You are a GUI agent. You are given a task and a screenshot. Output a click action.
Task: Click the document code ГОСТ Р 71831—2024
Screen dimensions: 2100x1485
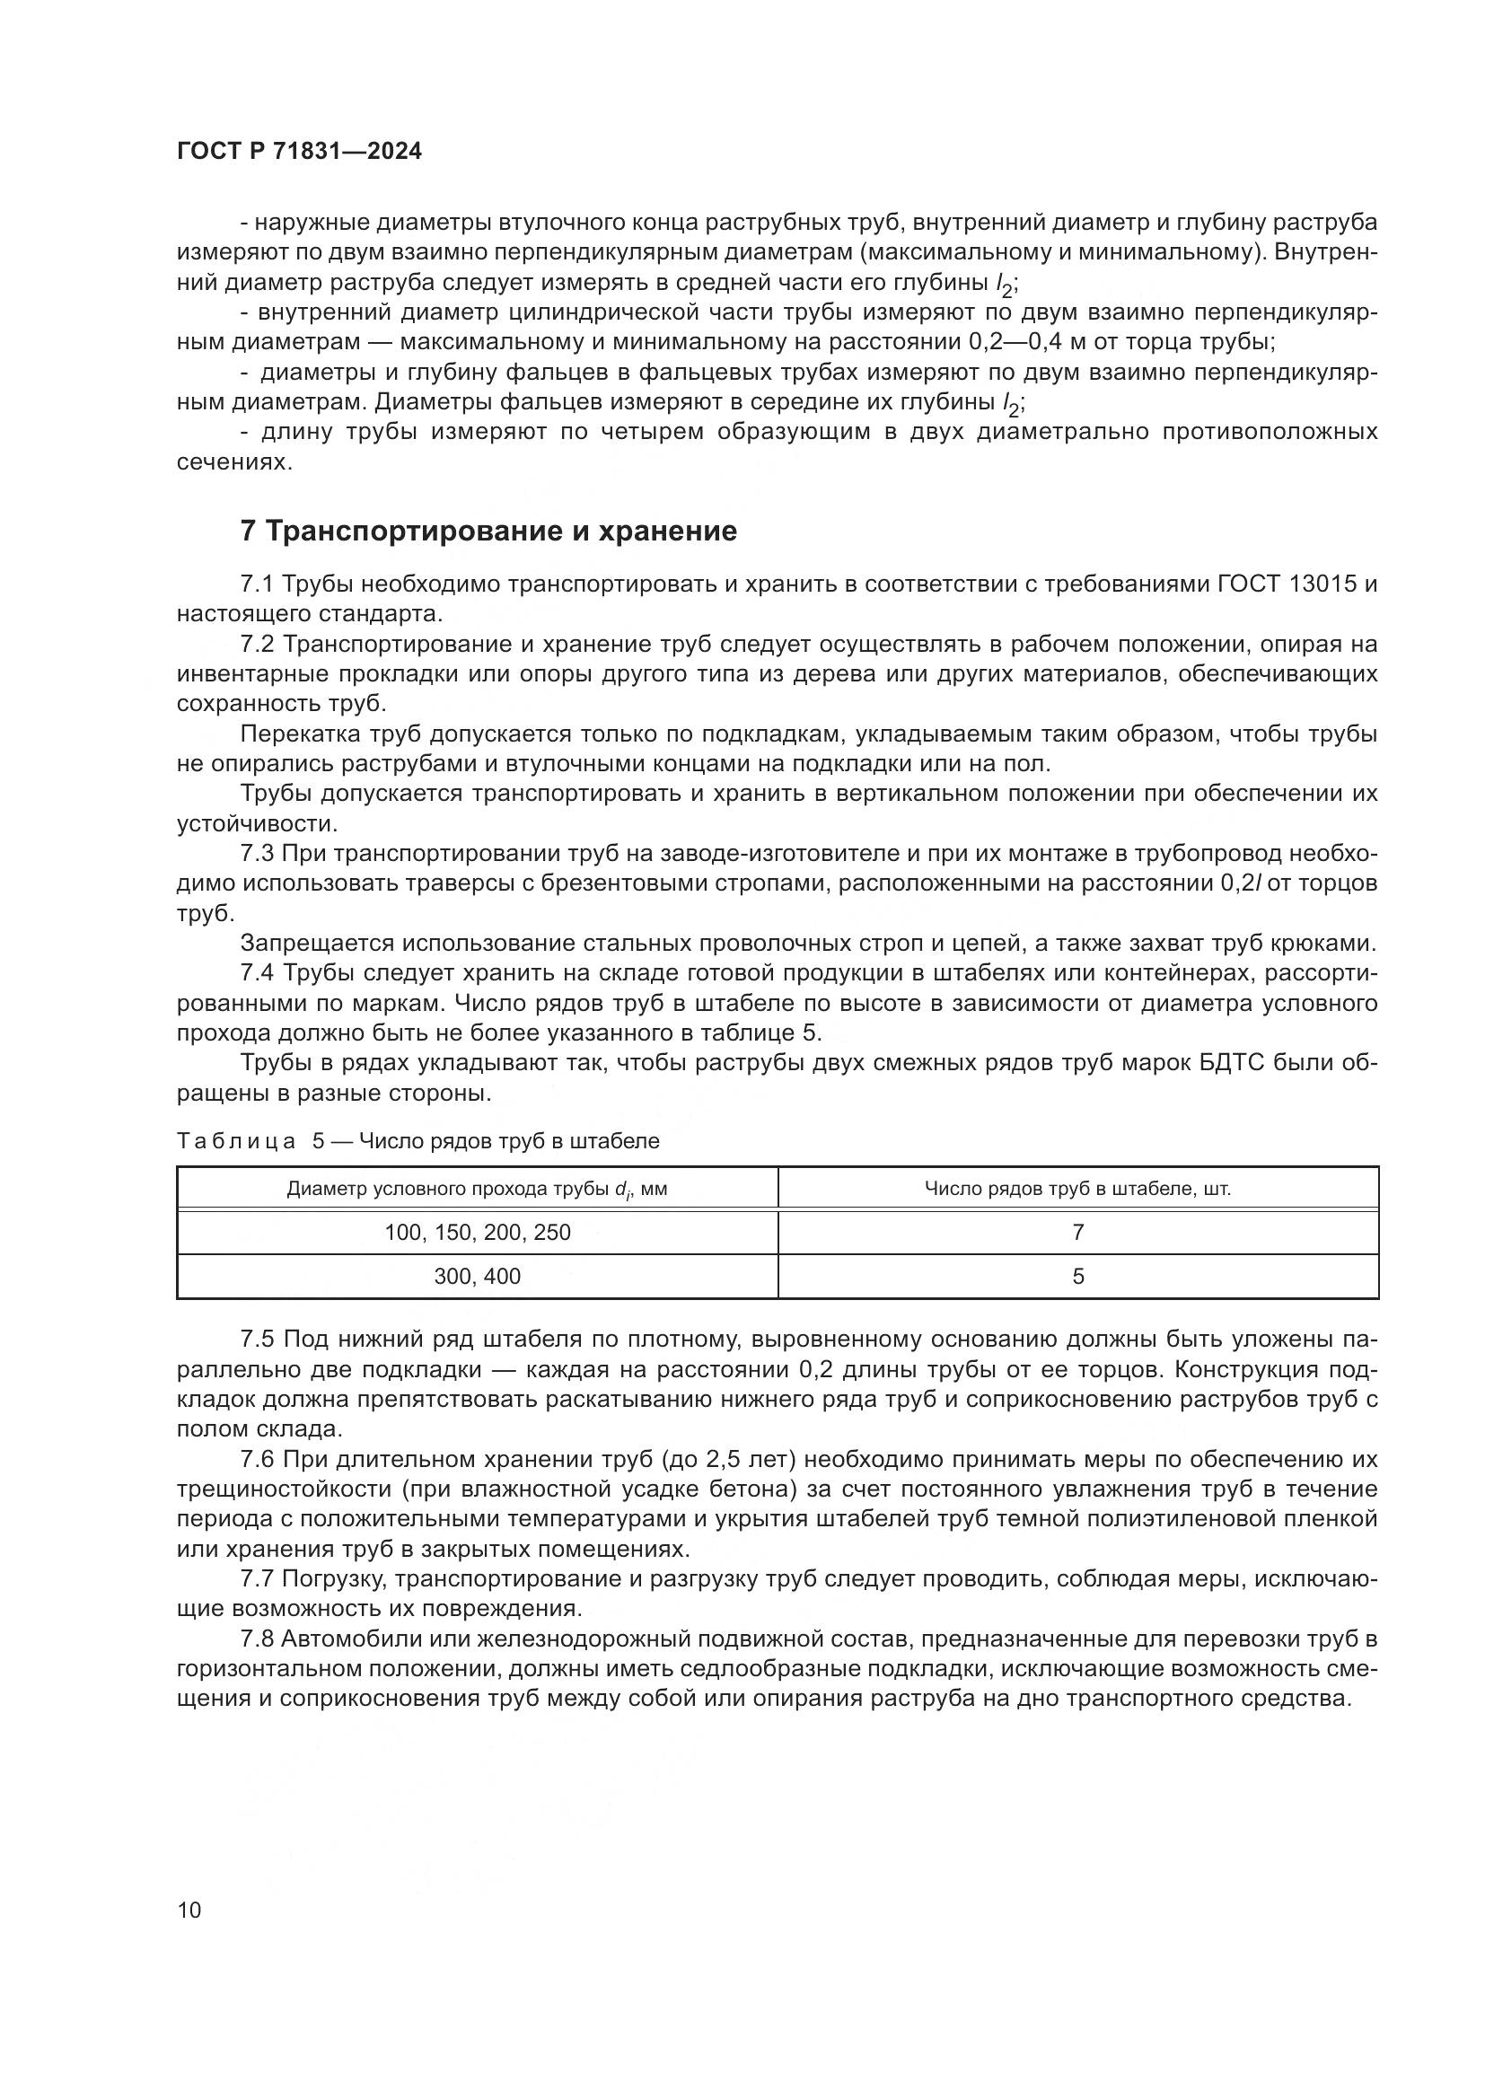point(299,152)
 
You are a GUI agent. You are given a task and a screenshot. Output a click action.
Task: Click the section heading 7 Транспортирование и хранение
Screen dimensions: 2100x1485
point(488,532)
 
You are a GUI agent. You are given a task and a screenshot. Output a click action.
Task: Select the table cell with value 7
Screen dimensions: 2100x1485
point(1077,1232)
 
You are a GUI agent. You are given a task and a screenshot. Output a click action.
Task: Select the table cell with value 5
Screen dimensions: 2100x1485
point(1077,1276)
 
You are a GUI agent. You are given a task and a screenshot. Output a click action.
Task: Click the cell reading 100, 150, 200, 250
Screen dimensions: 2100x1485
point(478,1232)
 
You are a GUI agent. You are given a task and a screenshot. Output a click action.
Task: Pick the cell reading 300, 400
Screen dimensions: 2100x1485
point(478,1276)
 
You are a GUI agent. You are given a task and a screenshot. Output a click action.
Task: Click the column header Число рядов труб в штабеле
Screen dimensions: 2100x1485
point(1077,1189)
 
